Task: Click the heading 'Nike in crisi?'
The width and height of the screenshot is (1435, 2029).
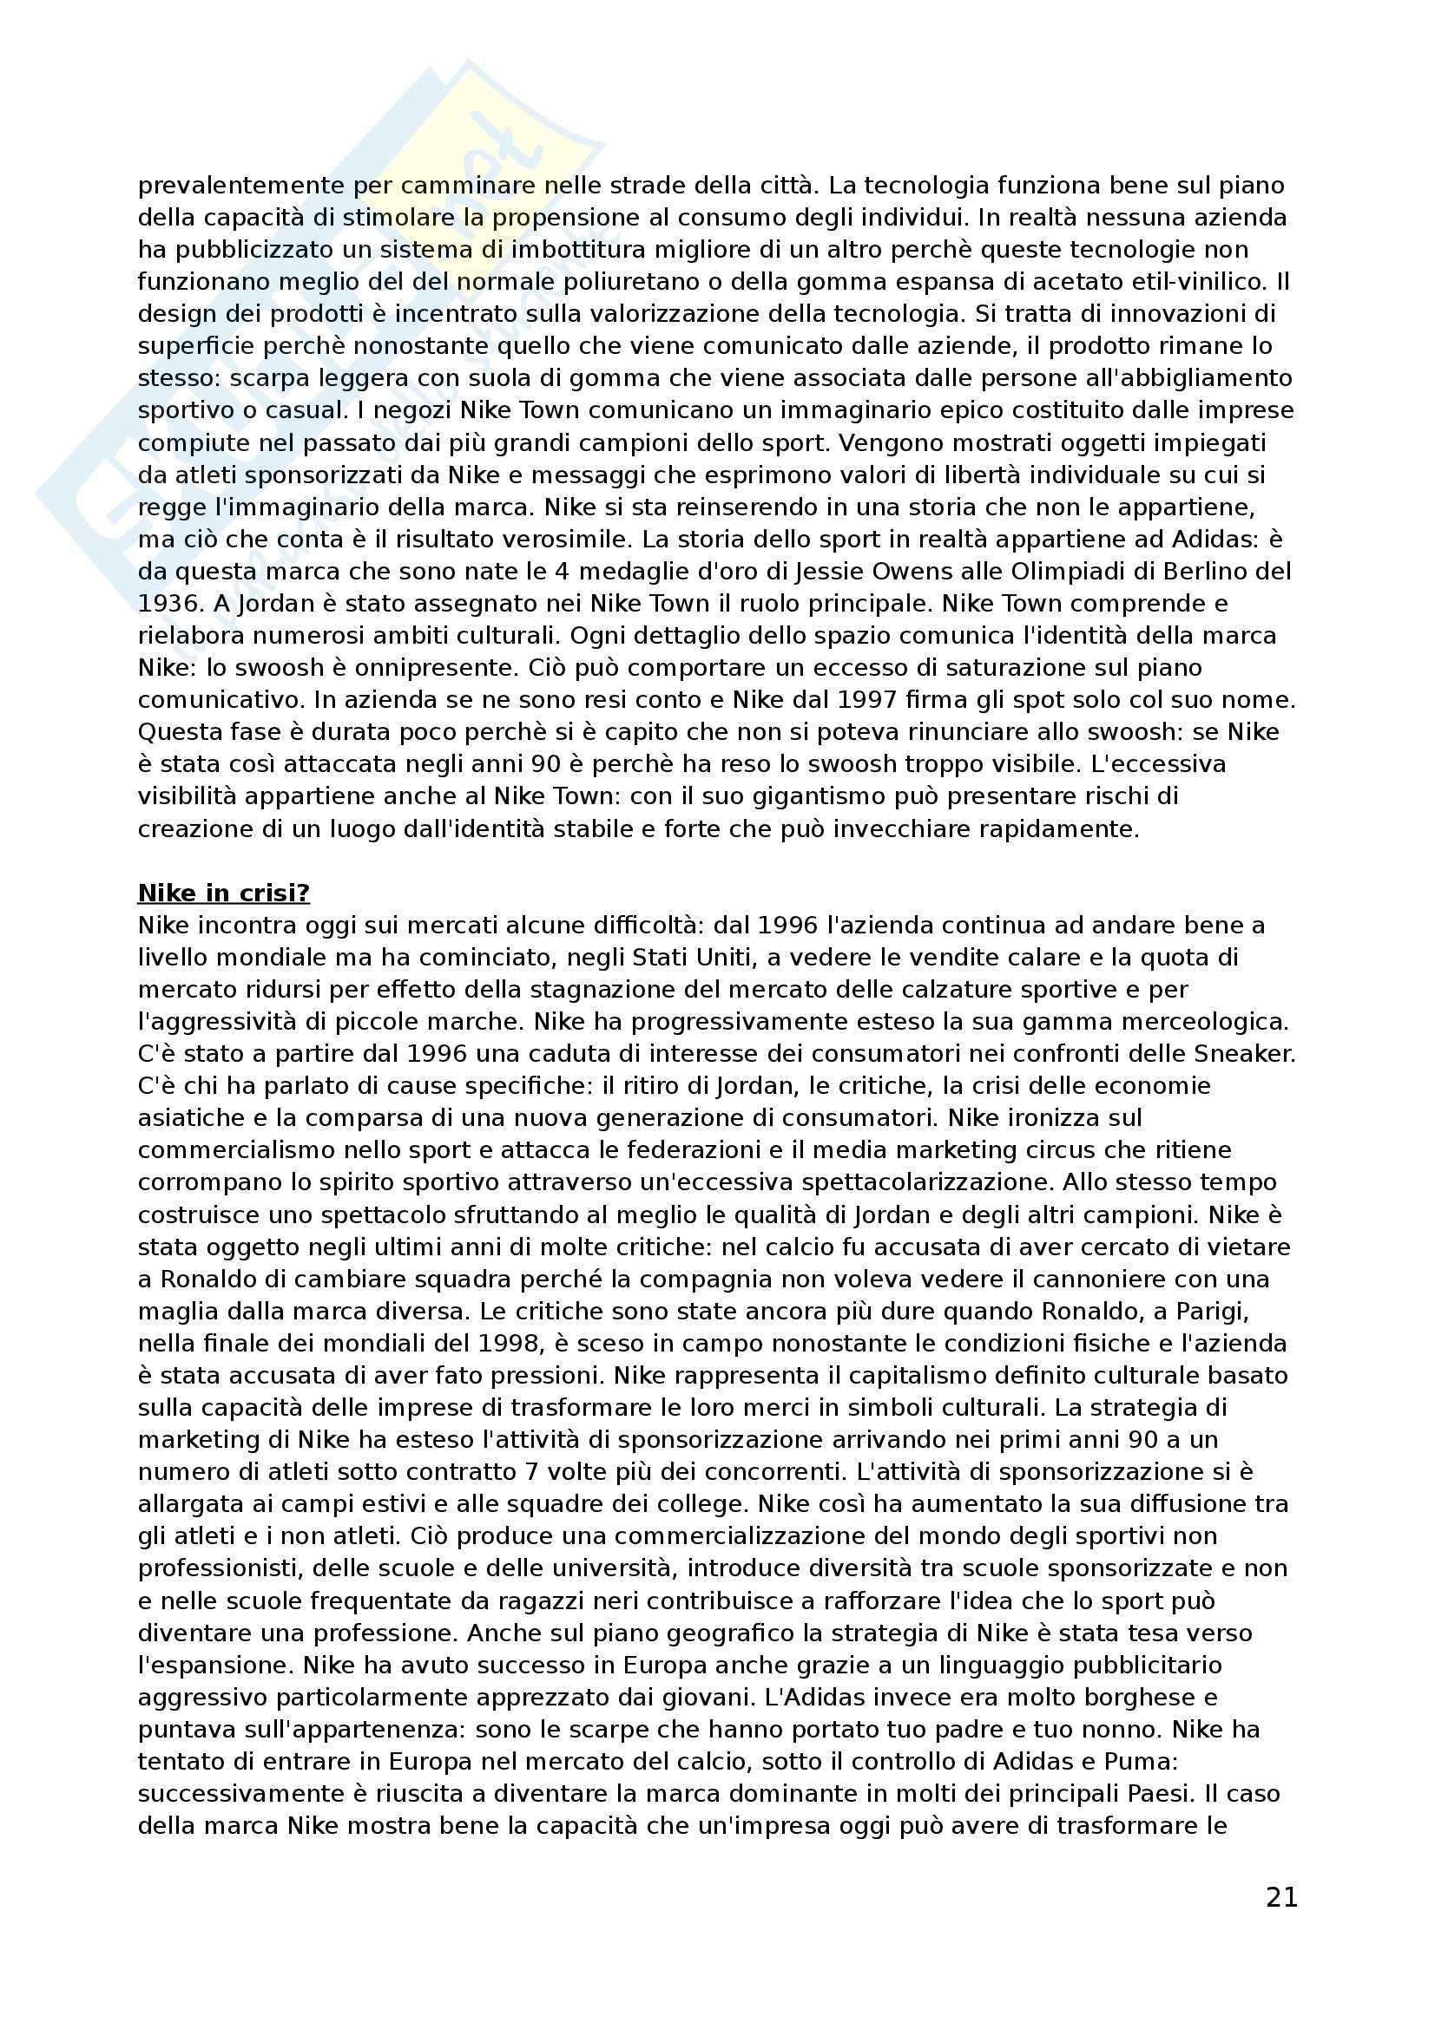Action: point(224,893)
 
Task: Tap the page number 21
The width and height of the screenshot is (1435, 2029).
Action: point(1281,1897)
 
